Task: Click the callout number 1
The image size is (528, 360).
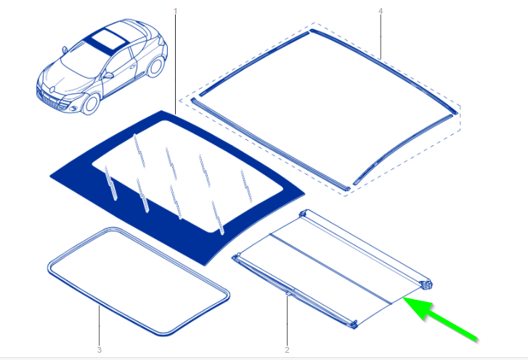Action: click(x=175, y=10)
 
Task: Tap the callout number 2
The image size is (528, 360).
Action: click(x=287, y=351)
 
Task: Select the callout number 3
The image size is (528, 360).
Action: click(x=99, y=351)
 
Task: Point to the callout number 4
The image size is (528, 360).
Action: click(x=381, y=10)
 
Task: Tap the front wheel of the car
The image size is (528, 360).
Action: click(x=90, y=102)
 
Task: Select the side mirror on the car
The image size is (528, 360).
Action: click(x=108, y=74)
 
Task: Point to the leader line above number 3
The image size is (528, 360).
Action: click(x=99, y=327)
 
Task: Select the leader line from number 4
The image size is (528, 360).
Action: click(x=381, y=36)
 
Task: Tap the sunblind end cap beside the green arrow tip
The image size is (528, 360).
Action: click(x=425, y=286)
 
